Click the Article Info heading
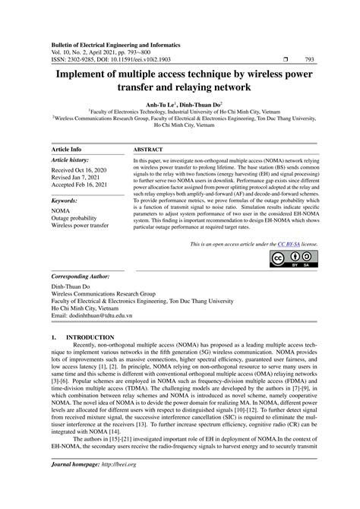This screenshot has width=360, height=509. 66,150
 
